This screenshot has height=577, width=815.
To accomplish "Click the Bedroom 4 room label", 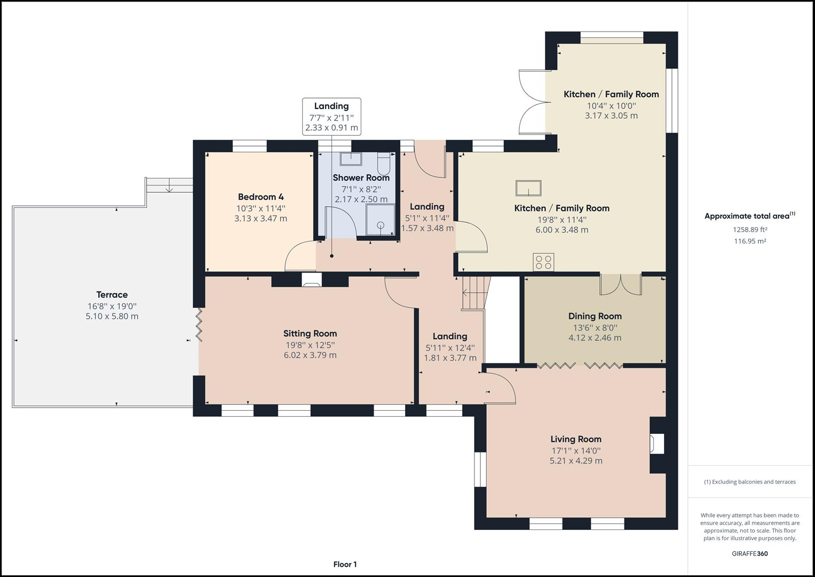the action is pyautogui.click(x=260, y=197).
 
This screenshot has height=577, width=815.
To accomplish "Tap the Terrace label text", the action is pyautogui.click(x=112, y=295).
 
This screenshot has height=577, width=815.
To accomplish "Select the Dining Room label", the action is pyautogui.click(x=595, y=316).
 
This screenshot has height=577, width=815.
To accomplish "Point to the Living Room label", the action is pyautogui.click(x=575, y=439).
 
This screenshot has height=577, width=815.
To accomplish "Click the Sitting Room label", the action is pyautogui.click(x=310, y=334).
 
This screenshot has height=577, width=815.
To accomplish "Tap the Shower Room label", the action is pyautogui.click(x=361, y=178).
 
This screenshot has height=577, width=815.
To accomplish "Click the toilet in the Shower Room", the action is pyautogui.click(x=383, y=163).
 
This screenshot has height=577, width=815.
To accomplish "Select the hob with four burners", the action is pyautogui.click(x=543, y=262).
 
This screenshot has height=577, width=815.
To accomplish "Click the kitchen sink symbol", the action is pyautogui.click(x=528, y=188).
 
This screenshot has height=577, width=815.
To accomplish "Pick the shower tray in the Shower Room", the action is pyautogui.click(x=380, y=220).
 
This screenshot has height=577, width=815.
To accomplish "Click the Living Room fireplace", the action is pyautogui.click(x=657, y=443).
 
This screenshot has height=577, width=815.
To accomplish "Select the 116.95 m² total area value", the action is pyautogui.click(x=750, y=241).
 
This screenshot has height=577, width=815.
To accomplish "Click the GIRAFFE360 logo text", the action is pyautogui.click(x=750, y=553).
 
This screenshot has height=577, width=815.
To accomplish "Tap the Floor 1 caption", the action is pyautogui.click(x=345, y=564).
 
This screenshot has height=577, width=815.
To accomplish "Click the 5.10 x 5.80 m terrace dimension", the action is pyautogui.click(x=112, y=316).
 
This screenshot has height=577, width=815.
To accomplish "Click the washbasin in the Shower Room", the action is pyautogui.click(x=351, y=159).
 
